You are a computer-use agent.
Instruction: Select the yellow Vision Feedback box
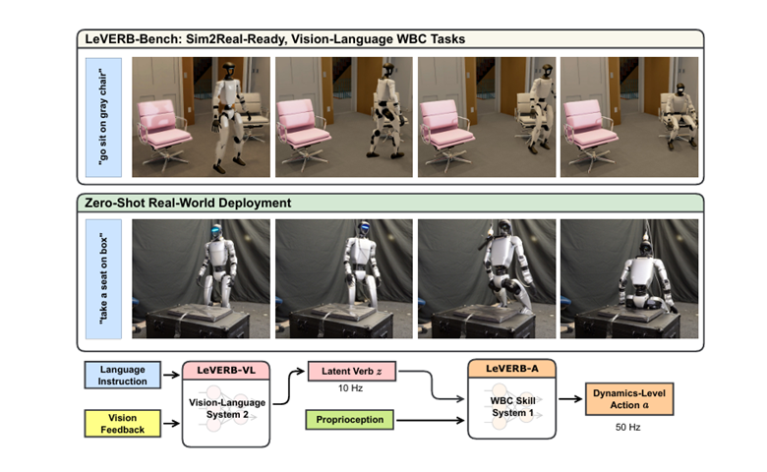pyautogui.click(x=122, y=424)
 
